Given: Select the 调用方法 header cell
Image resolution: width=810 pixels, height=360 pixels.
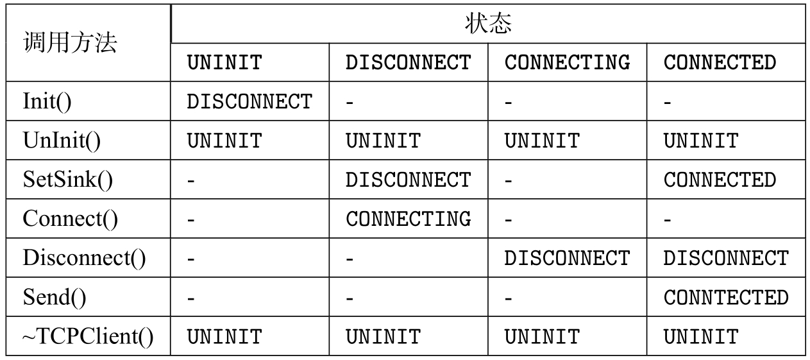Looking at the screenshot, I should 70,43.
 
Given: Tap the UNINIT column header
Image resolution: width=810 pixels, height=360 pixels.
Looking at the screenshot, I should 224,63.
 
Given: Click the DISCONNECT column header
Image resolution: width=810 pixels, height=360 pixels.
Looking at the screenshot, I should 408,63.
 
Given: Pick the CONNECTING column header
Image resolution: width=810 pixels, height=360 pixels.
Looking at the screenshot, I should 567,63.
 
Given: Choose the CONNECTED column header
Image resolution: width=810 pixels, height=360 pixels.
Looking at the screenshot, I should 720,63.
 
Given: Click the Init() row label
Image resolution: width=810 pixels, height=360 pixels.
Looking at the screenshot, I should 47,101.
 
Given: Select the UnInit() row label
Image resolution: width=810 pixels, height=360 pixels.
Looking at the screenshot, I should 62,141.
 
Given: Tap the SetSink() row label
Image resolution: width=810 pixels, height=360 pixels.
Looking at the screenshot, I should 67,180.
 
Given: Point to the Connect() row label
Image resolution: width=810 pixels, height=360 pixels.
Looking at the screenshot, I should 70,219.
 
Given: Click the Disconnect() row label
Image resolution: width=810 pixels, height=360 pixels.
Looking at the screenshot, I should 84,258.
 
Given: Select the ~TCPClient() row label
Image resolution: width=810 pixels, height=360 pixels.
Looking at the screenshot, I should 88,336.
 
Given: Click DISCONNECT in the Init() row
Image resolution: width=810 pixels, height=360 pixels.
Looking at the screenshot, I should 249,101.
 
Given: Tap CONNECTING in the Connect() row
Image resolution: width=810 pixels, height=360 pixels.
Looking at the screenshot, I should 408,219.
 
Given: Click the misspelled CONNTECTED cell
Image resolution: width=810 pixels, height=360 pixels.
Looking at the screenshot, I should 725,297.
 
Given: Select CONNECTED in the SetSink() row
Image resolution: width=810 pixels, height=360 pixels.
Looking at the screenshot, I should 720,180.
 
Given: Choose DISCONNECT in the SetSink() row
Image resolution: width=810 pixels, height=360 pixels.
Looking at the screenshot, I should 408,180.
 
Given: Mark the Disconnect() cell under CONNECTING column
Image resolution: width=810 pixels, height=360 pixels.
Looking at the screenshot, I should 567,258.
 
